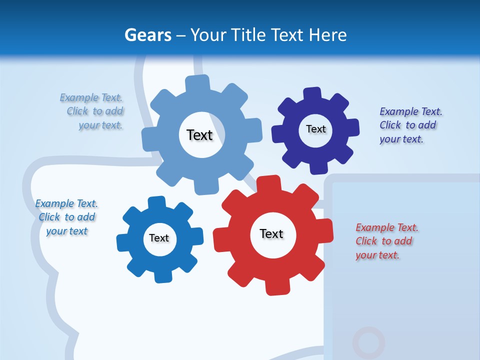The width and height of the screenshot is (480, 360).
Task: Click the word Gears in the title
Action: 147,35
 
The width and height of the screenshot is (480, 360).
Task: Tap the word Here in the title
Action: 327,35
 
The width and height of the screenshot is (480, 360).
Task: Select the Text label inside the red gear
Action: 271,234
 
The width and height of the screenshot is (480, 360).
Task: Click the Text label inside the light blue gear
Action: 199,135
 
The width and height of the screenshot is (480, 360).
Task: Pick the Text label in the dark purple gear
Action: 315,129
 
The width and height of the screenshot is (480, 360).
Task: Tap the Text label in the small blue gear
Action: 159,238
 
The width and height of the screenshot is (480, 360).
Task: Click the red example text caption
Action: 386,241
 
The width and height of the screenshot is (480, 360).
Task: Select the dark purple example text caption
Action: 410,125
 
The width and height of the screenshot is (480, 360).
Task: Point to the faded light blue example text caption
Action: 93,111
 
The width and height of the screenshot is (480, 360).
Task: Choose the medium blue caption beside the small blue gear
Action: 66,217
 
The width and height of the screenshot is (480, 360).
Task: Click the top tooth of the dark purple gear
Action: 312,94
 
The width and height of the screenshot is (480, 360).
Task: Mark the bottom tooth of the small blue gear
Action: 161,275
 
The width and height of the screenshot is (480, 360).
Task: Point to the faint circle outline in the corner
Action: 368,343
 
